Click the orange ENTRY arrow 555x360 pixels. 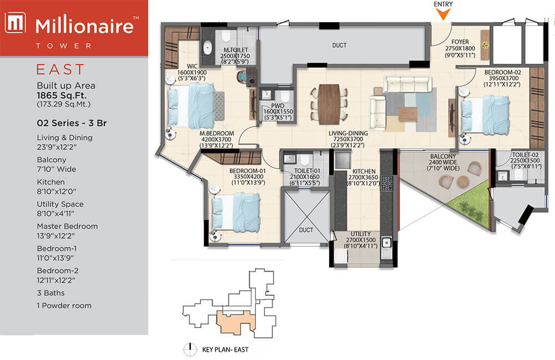[443, 14]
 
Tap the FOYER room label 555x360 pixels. [460, 42]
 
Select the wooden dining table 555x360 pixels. [329, 104]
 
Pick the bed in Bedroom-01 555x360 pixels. [236, 212]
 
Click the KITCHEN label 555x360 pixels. [364, 171]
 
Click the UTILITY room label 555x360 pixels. [361, 234]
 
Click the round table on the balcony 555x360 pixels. [463, 181]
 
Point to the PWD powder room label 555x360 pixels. [278, 106]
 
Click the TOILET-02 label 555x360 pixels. [525, 155]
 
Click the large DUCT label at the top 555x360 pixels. [339, 45]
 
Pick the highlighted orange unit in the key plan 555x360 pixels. [236, 322]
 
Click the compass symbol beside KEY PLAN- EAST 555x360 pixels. [190, 349]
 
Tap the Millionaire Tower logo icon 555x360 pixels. [15, 23]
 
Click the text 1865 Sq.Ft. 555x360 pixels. [62, 95]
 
